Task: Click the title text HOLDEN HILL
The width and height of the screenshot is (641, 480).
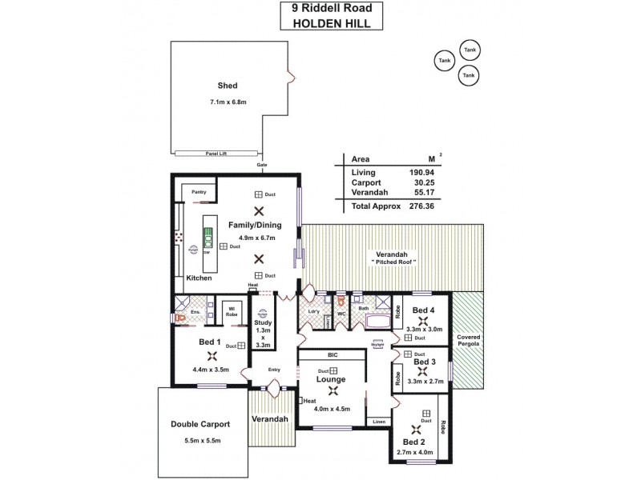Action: pyautogui.click(x=332, y=23)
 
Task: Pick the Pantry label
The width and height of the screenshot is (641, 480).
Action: pyautogui.click(x=198, y=192)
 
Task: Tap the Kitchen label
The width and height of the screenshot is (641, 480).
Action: pyautogui.click(x=199, y=278)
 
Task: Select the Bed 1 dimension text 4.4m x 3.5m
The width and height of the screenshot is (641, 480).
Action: pyautogui.click(x=211, y=370)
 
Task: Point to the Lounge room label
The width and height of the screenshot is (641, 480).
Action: pyautogui.click(x=330, y=379)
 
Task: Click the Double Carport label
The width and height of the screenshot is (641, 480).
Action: pyautogui.click(x=201, y=425)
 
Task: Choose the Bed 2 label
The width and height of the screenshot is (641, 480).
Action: pyautogui.click(x=414, y=441)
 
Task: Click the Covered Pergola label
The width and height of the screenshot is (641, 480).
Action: pyautogui.click(x=469, y=342)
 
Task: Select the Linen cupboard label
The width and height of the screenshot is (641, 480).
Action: pyautogui.click(x=377, y=422)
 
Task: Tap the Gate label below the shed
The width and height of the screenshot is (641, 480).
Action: pyautogui.click(x=261, y=165)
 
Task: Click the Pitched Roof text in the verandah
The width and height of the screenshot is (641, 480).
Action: pyautogui.click(x=393, y=262)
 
